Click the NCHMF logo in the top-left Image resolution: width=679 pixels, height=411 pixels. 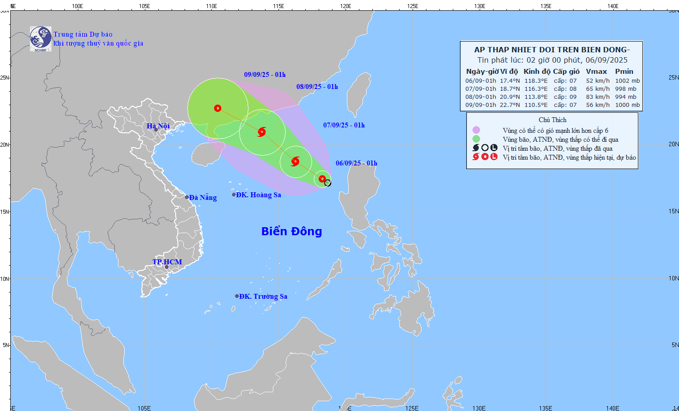pyautogui.click(x=41, y=39)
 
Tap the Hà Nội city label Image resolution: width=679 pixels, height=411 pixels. pyautogui.click(x=158, y=126)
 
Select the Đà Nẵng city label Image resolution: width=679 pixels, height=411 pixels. pyautogui.click(x=202, y=198)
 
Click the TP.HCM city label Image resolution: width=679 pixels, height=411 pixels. pyautogui.click(x=167, y=262)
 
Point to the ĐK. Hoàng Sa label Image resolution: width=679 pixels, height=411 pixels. pyautogui.click(x=258, y=195)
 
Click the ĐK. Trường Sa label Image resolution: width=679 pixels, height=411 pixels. pyautogui.click(x=263, y=297)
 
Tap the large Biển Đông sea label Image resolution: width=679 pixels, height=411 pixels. pyautogui.click(x=291, y=231)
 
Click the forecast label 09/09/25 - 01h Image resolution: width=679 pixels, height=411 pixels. pyautogui.click(x=265, y=75)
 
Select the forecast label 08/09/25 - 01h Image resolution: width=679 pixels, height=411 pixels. pyautogui.click(x=317, y=87)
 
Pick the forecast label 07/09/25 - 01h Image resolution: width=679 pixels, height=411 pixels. pyautogui.click(x=344, y=125)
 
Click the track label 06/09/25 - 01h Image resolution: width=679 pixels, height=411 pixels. pyautogui.click(x=356, y=163)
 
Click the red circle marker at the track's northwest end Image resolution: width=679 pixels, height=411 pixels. pyautogui.click(x=218, y=108)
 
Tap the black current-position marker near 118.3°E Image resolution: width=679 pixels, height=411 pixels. pyautogui.click(x=328, y=183)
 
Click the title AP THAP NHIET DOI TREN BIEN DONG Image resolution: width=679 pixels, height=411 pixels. pyautogui.click(x=552, y=50)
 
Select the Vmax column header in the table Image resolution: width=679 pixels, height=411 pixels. pyautogui.click(x=596, y=72)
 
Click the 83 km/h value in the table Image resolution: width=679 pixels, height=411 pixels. pyautogui.click(x=598, y=97)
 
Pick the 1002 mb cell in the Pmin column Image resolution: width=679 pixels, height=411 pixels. pyautogui.click(x=627, y=81)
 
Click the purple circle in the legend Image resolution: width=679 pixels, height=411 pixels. pyautogui.click(x=476, y=130)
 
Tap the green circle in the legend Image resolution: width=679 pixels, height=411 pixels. pyautogui.click(x=476, y=139)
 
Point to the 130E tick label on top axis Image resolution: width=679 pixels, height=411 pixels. pyautogui.click(x=479, y=6)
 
